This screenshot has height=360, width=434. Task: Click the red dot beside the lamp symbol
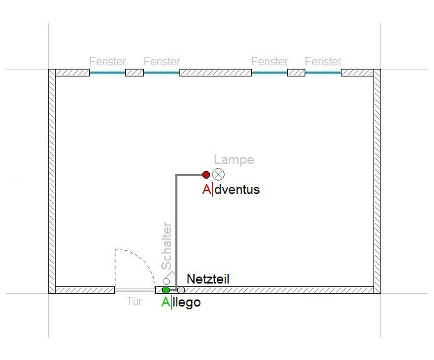tap(206, 174)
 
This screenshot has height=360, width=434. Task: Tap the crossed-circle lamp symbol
tap(218, 174)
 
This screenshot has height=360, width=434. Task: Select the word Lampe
tap(234, 160)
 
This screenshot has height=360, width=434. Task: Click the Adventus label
tap(231, 190)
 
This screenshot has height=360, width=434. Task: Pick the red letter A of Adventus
tap(207, 190)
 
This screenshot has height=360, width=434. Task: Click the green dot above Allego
tap(166, 291)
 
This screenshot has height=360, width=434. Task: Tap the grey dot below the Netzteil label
tap(181, 291)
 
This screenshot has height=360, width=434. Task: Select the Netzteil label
tap(208, 279)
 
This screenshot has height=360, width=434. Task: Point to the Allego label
tap(181, 302)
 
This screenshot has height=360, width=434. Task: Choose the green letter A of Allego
tap(166, 302)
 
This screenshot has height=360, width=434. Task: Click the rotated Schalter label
tap(167, 246)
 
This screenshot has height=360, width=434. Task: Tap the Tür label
tap(134, 301)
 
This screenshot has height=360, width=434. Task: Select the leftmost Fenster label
tap(107, 61)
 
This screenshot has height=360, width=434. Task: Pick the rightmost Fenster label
tap(323, 61)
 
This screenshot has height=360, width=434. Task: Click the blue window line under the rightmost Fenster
tap(323, 73)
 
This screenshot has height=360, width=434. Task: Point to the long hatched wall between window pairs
tap(216, 73)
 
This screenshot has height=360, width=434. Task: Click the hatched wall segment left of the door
tap(85, 290)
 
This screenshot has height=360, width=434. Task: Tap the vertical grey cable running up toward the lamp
tap(176, 232)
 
